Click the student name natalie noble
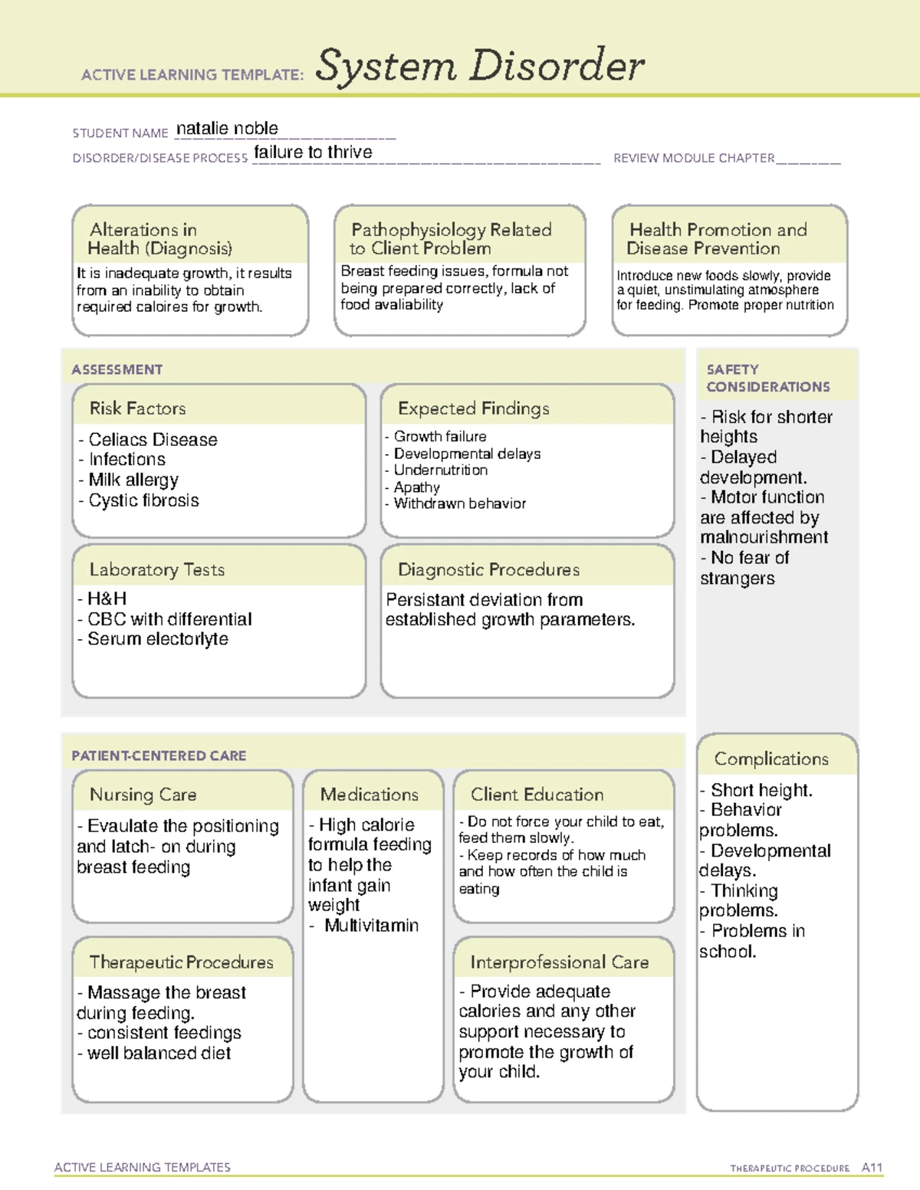coord(227,129)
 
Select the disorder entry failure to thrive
coord(313,152)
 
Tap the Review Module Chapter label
coord(694,159)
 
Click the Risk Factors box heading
coord(138,408)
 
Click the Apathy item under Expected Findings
coord(416,487)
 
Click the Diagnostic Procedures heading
coord(488,570)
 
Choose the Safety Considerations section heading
coord(767,379)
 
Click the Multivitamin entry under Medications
coord(371,926)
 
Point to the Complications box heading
coord(771,759)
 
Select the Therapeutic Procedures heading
coord(181,962)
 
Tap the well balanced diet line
coord(158,1054)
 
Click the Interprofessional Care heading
coord(559,962)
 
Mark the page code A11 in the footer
coord(872,1168)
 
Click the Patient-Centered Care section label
coord(159,756)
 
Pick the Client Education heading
coord(537,795)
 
